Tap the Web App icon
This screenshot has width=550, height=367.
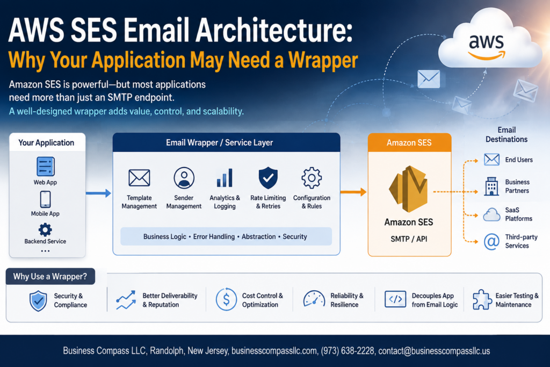click(45, 167)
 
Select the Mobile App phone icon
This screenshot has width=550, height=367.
click(45, 200)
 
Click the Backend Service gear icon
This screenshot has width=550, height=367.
click(45, 230)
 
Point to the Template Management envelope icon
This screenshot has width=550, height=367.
click(139, 177)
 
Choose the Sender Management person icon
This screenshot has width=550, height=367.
click(184, 178)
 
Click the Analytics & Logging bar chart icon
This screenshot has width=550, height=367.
click(225, 178)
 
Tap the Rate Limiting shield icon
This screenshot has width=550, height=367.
click(268, 178)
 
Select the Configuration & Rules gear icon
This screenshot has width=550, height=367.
click(312, 178)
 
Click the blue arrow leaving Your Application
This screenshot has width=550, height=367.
click(98, 193)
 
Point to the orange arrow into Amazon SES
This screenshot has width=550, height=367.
click(353, 192)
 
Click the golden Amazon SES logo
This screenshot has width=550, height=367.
click(408, 189)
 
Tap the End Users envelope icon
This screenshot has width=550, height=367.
click(491, 160)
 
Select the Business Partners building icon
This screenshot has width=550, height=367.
click(491, 186)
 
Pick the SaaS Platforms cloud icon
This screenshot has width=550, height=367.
click(492, 214)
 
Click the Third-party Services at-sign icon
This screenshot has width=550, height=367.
click(491, 242)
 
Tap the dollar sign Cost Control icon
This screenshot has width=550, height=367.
click(226, 300)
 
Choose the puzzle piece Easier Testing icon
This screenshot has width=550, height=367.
click(482, 300)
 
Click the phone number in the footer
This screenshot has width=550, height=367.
click(348, 351)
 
